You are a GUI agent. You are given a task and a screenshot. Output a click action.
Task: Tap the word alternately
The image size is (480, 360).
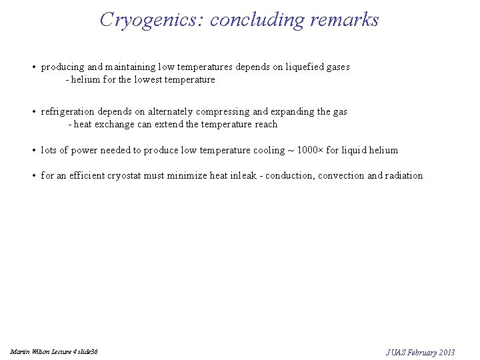(173, 112)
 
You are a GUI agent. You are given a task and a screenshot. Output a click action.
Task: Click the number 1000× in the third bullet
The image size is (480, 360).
(309, 150)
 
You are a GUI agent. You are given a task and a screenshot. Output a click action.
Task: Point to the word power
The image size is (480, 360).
(85, 150)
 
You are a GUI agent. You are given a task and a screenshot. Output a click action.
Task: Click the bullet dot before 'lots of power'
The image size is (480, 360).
(33, 151)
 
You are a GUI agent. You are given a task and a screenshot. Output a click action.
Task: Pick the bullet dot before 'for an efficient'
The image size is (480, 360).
(33, 176)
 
